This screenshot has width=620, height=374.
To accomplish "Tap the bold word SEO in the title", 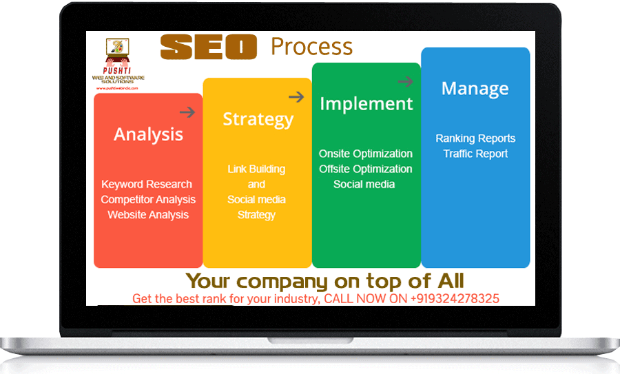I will [x=208, y=47].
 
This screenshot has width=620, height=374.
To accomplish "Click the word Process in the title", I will [x=311, y=47].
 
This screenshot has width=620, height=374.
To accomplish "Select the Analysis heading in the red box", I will [x=148, y=134].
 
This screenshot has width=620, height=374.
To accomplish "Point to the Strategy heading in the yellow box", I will [x=258, y=119].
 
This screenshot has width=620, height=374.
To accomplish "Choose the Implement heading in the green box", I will [x=366, y=104].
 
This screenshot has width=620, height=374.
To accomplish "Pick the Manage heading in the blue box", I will [x=475, y=89].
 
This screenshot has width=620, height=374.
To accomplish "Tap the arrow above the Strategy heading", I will [x=296, y=97].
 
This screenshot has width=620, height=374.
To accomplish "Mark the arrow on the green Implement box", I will [x=405, y=82].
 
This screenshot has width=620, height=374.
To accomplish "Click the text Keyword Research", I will [x=147, y=185].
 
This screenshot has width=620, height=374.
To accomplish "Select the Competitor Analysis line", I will [x=148, y=200].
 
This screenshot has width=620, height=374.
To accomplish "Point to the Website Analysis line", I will [x=148, y=215].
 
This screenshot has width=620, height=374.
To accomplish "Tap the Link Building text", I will [x=256, y=169].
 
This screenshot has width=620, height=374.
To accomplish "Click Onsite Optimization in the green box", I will [x=366, y=154].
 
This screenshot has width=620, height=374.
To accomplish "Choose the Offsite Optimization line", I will [x=366, y=169].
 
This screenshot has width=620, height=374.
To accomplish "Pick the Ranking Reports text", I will [x=475, y=138].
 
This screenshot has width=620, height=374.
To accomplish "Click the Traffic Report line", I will [x=475, y=154].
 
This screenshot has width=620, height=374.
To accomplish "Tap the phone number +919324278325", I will [x=454, y=299].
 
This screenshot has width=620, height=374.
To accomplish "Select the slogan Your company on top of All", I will [x=324, y=281].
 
